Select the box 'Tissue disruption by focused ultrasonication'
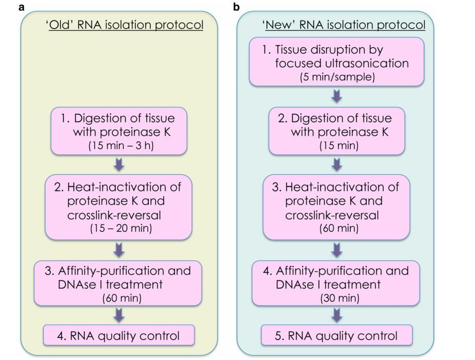337,62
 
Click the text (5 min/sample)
337,77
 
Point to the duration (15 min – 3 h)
121,146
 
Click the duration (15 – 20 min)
121,228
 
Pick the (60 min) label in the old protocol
122,298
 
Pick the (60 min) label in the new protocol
339,228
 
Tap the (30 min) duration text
340,298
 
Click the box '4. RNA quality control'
119,335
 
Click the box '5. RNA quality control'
337,335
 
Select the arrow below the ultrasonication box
337,96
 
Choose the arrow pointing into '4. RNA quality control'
119,315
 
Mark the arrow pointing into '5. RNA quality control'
337,315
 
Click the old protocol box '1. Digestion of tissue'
119,131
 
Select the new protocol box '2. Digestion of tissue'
337,131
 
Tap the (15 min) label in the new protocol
339,146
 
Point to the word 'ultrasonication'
367,63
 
